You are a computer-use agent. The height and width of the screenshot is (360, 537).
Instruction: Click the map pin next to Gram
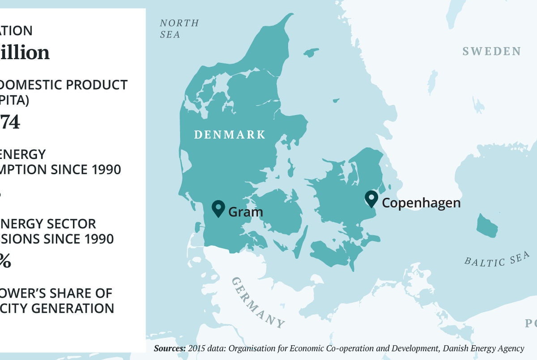coord(218,208)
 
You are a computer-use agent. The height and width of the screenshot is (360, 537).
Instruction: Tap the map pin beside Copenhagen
coord(371,198)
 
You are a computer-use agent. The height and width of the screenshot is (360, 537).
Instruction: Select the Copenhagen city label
coord(421,203)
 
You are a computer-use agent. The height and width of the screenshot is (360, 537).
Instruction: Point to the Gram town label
coord(245,212)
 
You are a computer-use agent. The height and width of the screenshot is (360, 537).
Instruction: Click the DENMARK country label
coord(230,135)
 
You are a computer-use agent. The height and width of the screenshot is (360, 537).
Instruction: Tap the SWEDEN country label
coord(491,51)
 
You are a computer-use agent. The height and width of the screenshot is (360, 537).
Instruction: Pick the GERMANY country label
coord(257,302)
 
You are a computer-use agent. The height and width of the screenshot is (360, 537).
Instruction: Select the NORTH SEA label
coord(179,29)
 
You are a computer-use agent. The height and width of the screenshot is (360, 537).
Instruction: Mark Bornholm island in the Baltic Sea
coord(487,226)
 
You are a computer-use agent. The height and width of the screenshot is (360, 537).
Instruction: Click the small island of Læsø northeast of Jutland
coord(311,52)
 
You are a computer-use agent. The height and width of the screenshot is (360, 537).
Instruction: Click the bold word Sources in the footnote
coord(170,348)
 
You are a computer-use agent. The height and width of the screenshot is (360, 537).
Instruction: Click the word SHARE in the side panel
coord(72,293)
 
